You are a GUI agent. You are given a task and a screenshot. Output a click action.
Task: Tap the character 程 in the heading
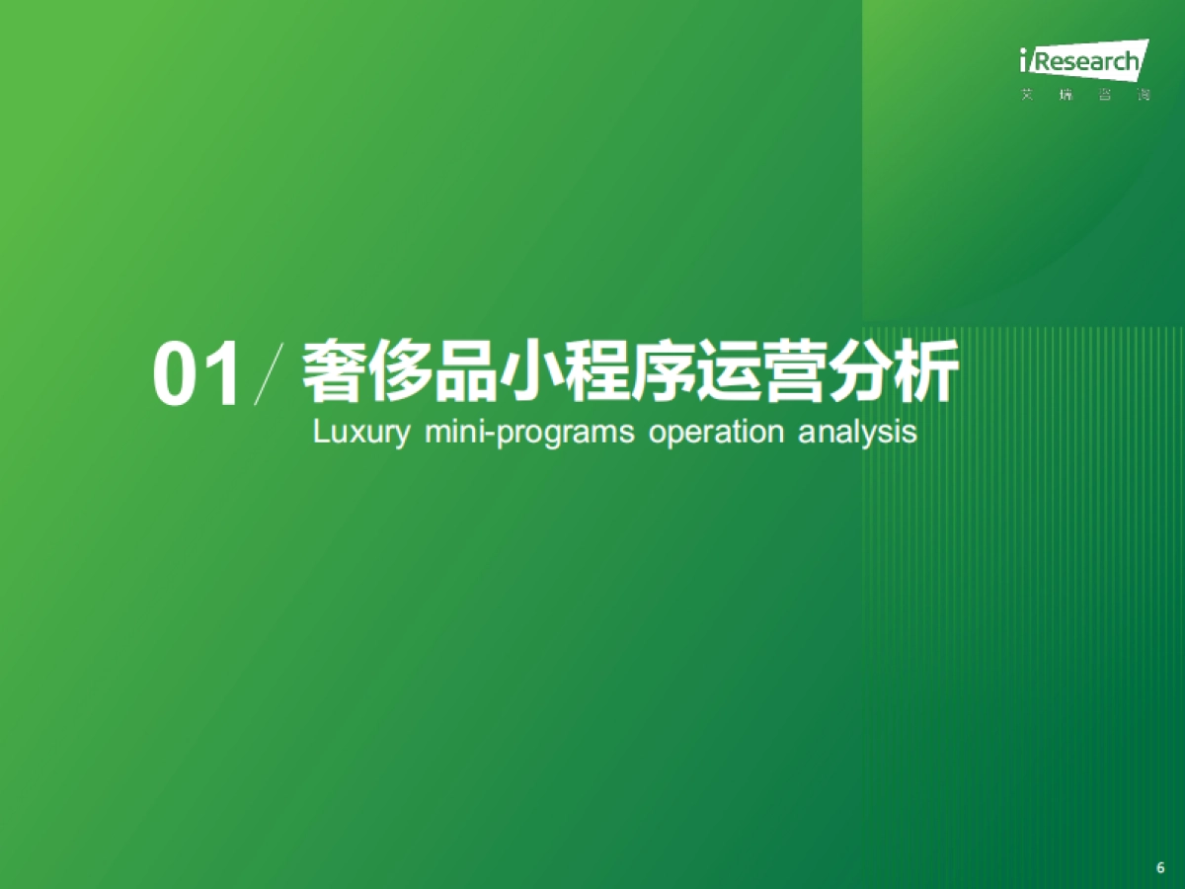point(596,371)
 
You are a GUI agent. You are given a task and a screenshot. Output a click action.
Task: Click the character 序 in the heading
point(662,371)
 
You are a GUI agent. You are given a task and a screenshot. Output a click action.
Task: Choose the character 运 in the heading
point(728,371)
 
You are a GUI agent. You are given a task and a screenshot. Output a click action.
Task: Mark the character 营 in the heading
point(794,371)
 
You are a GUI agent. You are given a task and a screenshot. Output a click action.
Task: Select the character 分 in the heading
point(860,371)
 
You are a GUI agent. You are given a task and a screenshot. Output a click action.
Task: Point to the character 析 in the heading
point(925,371)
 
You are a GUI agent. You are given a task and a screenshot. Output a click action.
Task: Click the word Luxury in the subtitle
point(359,433)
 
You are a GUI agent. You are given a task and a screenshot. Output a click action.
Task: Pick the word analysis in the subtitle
point(858,433)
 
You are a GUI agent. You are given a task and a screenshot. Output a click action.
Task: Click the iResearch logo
point(1083,61)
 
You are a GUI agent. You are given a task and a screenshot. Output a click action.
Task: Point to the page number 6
point(1160,868)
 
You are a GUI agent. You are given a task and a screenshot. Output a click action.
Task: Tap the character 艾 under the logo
point(1027,96)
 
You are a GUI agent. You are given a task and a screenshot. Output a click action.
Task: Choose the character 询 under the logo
point(1144,96)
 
